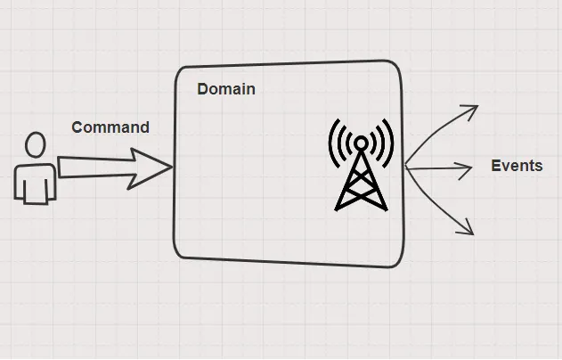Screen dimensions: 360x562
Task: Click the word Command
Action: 110,127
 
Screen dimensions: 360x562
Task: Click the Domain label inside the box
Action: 226,89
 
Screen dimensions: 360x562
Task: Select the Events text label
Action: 517,166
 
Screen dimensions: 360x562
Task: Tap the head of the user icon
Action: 36,145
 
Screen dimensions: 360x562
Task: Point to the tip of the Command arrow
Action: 171,167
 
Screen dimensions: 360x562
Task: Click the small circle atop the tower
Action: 361,142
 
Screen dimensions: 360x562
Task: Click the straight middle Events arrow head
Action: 468,168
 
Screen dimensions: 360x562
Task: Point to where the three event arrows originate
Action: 407,166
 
